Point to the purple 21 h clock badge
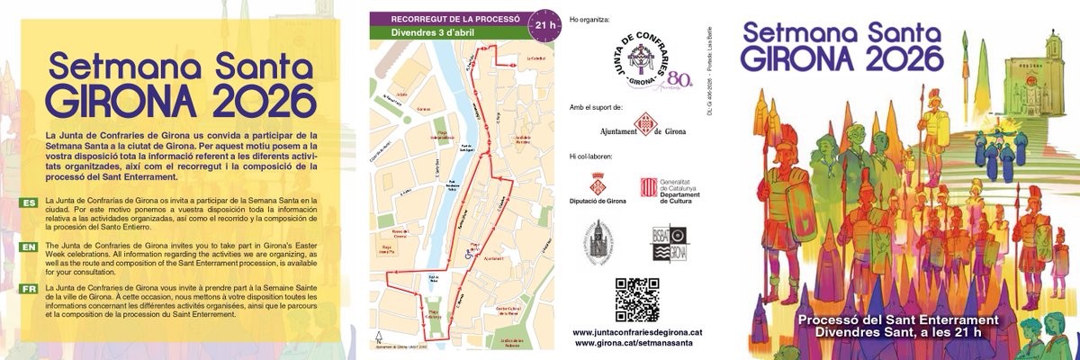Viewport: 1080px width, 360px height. tap(543, 24)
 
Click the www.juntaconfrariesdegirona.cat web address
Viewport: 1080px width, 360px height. tap(636, 332)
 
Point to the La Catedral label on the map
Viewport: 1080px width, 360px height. tap(513, 62)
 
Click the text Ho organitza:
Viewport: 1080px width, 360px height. tap(589, 18)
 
